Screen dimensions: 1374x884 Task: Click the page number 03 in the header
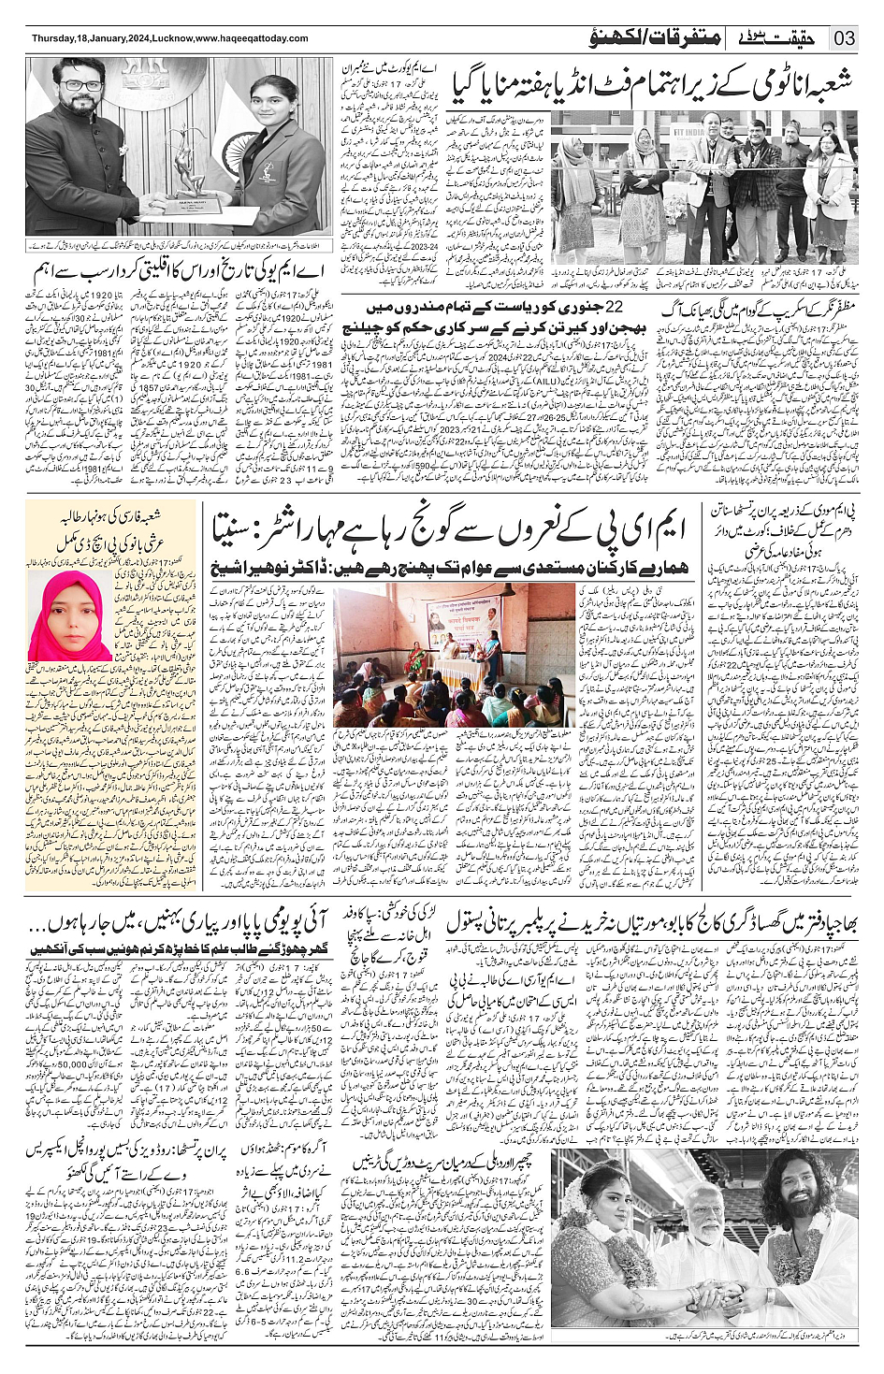844,38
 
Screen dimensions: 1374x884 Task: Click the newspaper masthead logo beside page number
785,38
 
